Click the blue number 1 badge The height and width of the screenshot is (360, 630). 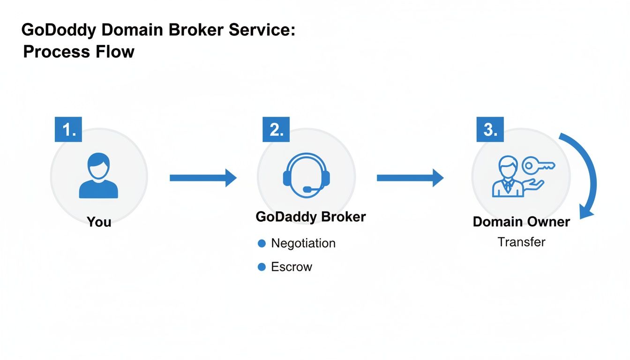tap(68, 129)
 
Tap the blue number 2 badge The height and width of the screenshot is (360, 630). tap(276, 129)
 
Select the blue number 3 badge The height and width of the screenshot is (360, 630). tap(490, 129)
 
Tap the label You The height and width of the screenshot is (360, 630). tap(99, 221)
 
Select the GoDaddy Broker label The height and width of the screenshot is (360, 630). tap(311, 217)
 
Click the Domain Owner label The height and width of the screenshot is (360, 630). tap(521, 222)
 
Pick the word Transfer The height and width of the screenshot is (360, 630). tap(521, 242)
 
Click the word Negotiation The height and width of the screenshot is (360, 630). tap(303, 243)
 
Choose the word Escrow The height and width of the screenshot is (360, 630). tap(292, 267)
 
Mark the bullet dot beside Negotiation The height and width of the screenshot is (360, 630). tap(262, 243)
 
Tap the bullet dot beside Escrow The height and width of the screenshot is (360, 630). tap(262, 267)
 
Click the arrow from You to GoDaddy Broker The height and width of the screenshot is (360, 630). tap(202, 178)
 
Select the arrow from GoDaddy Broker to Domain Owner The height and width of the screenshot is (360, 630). tap(410, 178)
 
